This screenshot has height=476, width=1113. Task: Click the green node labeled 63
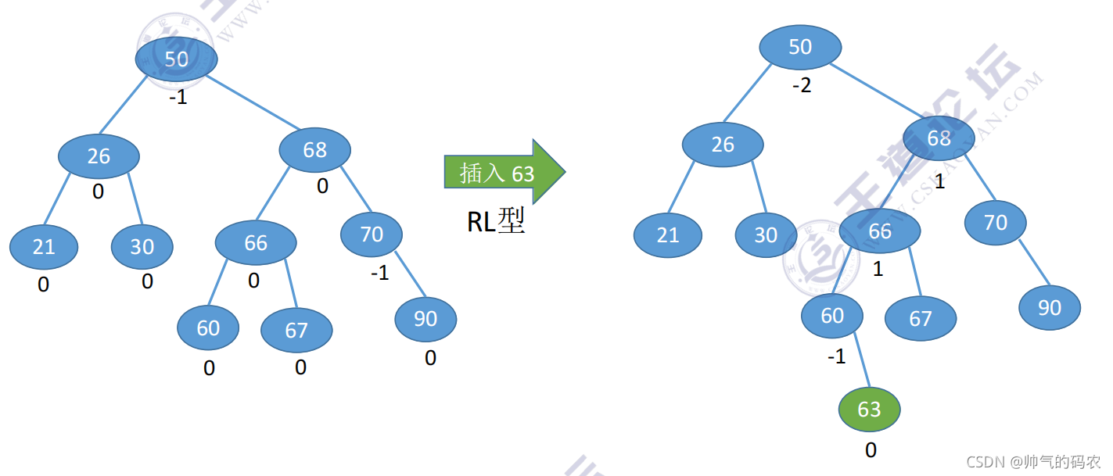(869, 410)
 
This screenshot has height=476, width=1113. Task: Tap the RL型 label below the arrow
(495, 222)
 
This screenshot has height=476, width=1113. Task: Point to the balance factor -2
(801, 86)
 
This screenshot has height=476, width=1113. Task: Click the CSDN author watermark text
(1032, 462)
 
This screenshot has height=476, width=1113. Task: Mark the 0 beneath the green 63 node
(871, 450)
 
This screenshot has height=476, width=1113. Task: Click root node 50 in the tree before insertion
(176, 59)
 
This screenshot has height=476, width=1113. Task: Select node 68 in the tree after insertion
(939, 138)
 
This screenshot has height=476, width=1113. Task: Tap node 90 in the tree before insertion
(425, 319)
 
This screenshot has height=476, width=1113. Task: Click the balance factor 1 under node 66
(878, 270)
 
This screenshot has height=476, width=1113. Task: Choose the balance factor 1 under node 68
(939, 182)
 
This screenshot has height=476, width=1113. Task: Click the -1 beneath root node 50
(178, 99)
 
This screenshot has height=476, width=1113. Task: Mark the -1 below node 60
(836, 357)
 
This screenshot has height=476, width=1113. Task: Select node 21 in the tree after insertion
(667, 235)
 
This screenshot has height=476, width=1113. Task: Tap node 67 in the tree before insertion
(296, 331)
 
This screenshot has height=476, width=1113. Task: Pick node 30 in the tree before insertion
(142, 247)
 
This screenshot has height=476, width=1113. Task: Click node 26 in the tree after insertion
(723, 145)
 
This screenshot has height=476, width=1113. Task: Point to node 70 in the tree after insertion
(995, 223)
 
